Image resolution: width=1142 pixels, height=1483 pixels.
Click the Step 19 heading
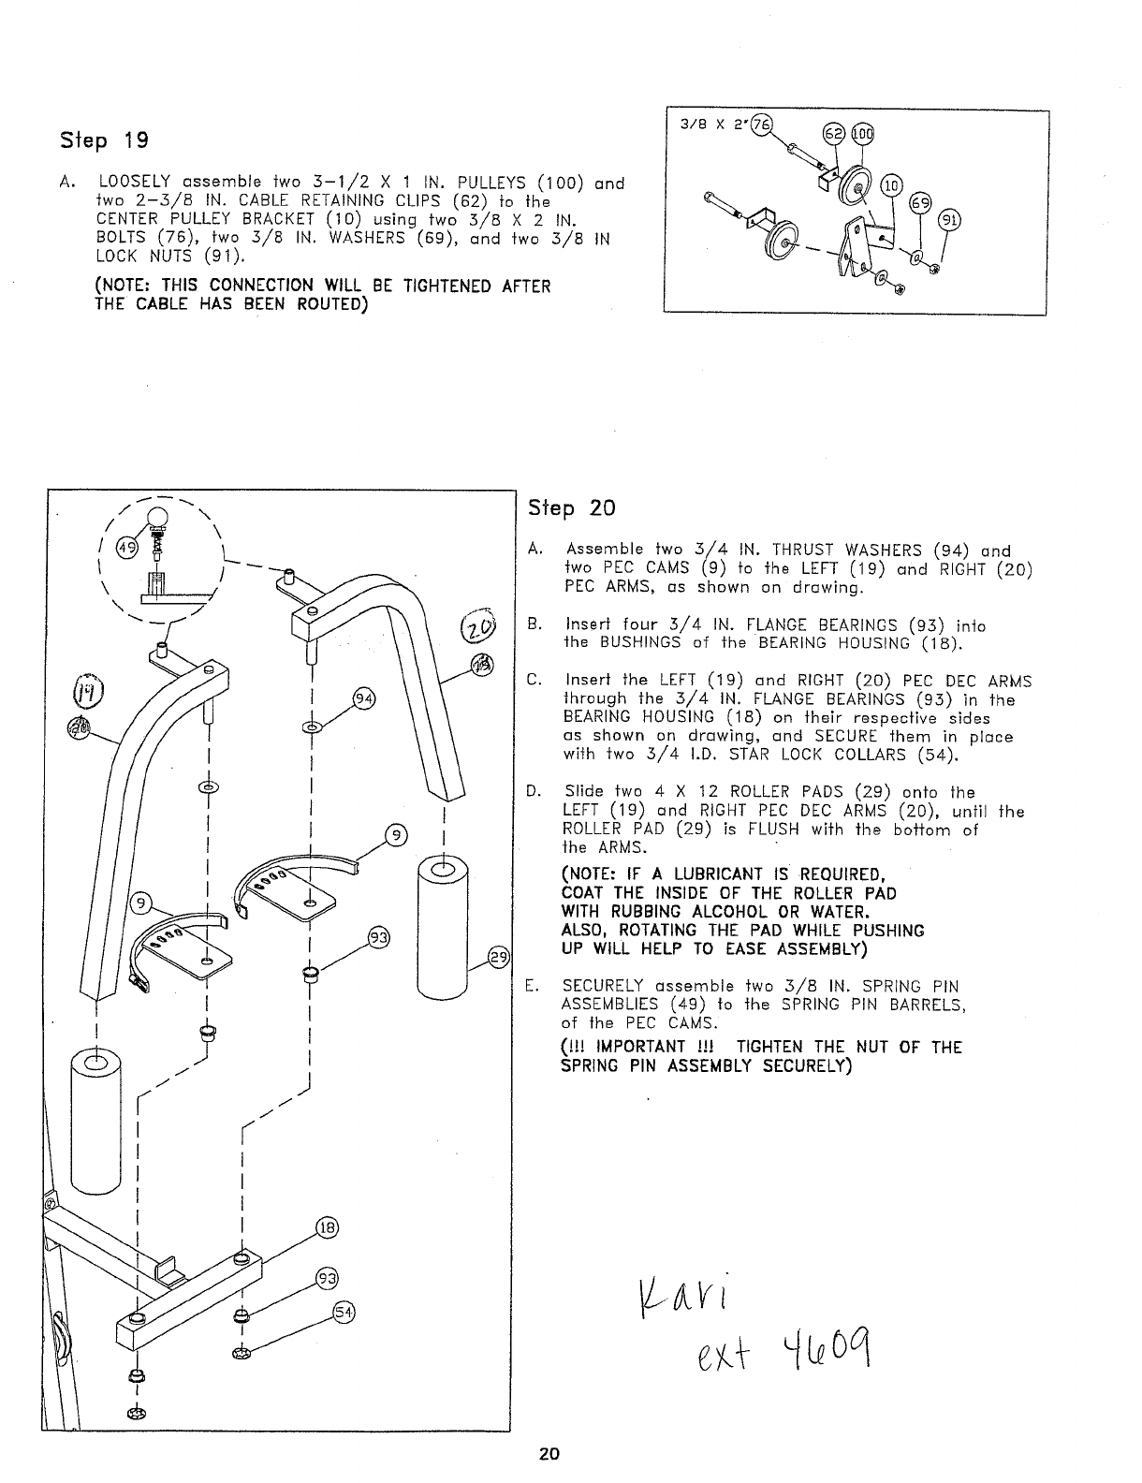pos(104,141)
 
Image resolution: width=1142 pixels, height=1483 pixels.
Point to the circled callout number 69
pos(921,202)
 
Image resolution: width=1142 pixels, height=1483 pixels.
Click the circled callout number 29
pos(499,956)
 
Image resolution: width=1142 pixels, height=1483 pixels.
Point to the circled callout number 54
pos(344,1312)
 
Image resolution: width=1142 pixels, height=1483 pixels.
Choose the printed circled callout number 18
pos(326,1229)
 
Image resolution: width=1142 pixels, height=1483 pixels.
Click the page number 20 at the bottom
pos(549,1454)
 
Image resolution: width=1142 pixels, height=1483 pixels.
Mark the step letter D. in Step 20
pos(534,792)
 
